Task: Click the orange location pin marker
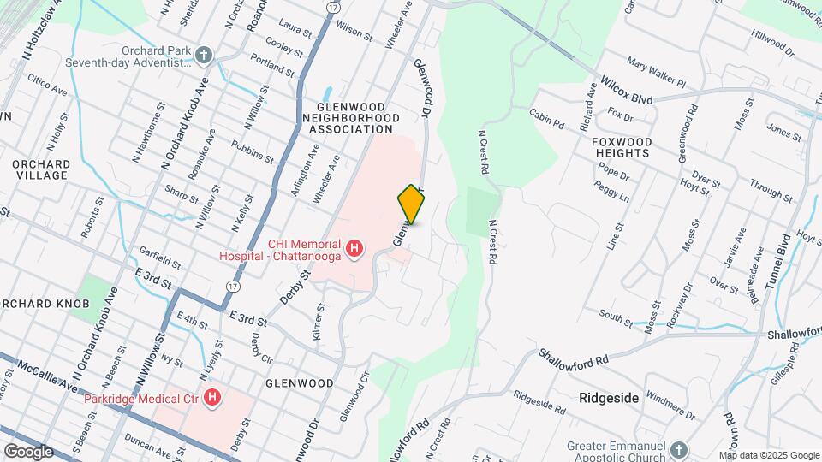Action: click(411, 204)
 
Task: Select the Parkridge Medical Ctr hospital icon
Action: click(213, 398)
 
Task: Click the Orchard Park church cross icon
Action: click(203, 56)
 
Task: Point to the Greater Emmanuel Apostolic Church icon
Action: click(679, 450)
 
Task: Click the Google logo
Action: click(28, 452)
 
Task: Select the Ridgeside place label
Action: click(609, 398)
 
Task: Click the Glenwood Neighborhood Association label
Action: click(350, 116)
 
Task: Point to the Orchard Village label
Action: click(41, 169)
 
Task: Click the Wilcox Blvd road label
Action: click(628, 93)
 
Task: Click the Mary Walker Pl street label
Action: click(657, 74)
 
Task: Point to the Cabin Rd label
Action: click(546, 120)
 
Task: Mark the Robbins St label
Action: click(252, 154)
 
